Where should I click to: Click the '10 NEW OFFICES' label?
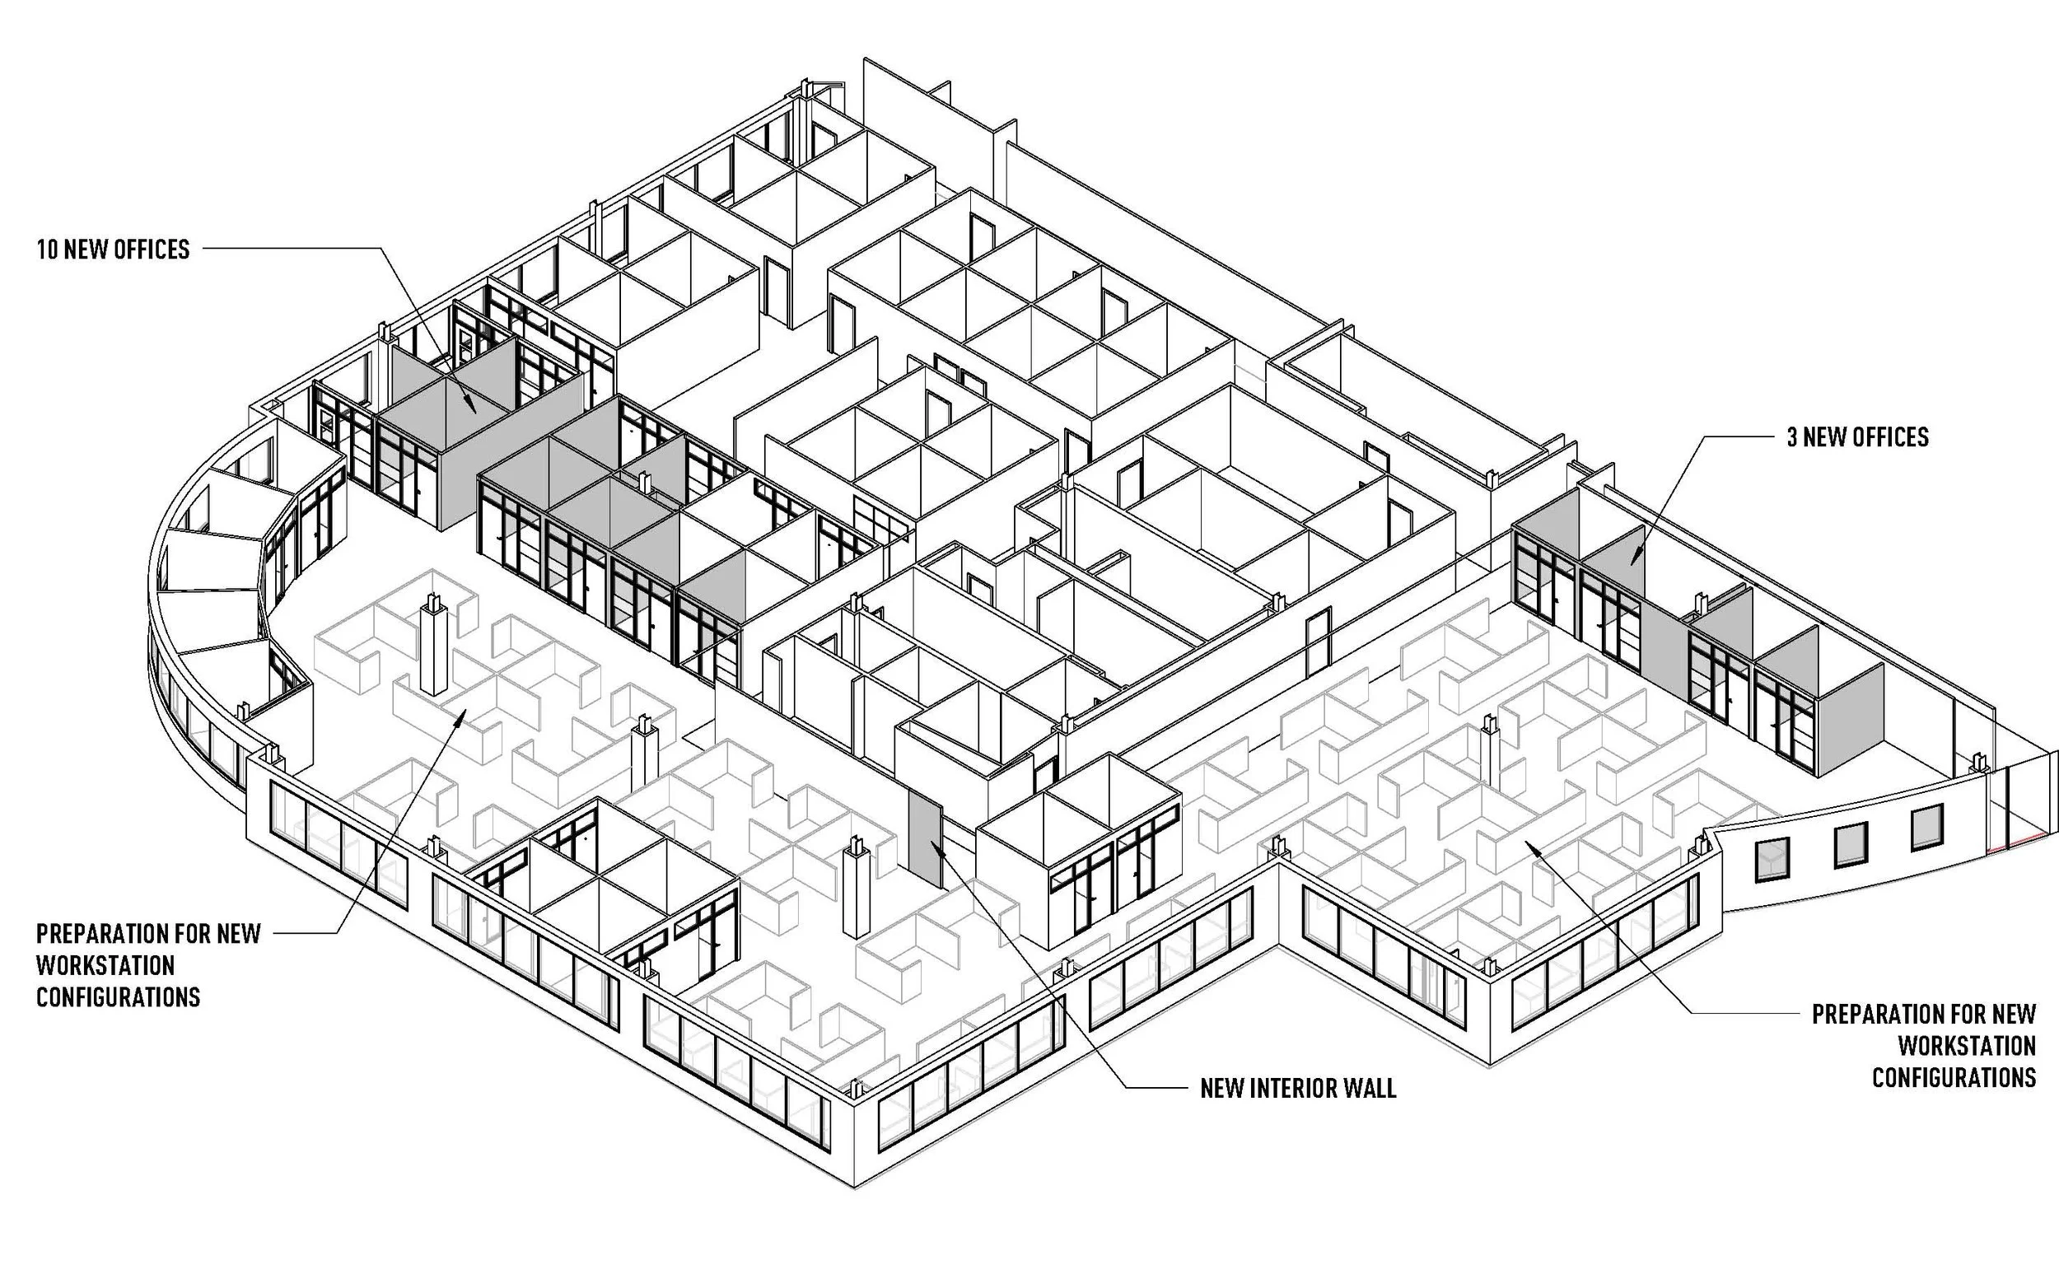[113, 250]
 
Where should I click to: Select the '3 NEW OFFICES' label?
[1858, 437]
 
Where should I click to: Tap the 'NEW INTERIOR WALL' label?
[1297, 1089]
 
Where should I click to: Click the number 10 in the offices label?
[47, 250]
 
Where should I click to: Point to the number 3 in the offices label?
[1793, 437]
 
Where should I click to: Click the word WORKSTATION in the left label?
[105, 966]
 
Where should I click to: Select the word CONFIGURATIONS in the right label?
[1954, 1078]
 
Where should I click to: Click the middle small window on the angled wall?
[1851, 844]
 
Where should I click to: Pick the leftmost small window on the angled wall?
[1772, 860]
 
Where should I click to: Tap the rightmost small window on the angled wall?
[1926, 828]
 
